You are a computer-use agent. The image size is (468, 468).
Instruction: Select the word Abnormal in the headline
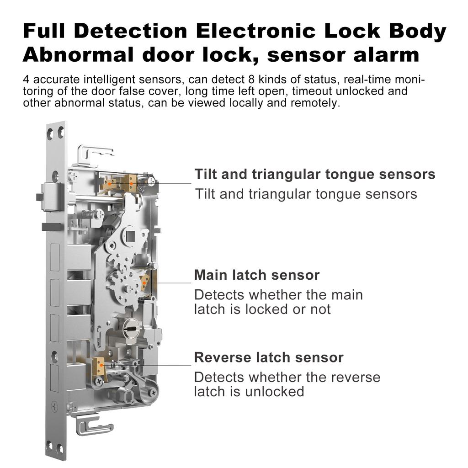pos(73,54)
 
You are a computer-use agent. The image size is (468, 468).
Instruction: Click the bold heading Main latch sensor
pos(256,275)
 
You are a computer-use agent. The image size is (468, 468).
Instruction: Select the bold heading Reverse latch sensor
pos(268,357)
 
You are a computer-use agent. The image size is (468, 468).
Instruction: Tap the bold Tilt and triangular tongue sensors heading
pos(314,174)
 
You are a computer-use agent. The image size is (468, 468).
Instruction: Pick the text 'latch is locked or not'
pos(262,309)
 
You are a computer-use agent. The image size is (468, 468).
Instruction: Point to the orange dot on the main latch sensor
pos(144,282)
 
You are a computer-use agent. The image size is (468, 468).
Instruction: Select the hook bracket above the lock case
pos(94,153)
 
